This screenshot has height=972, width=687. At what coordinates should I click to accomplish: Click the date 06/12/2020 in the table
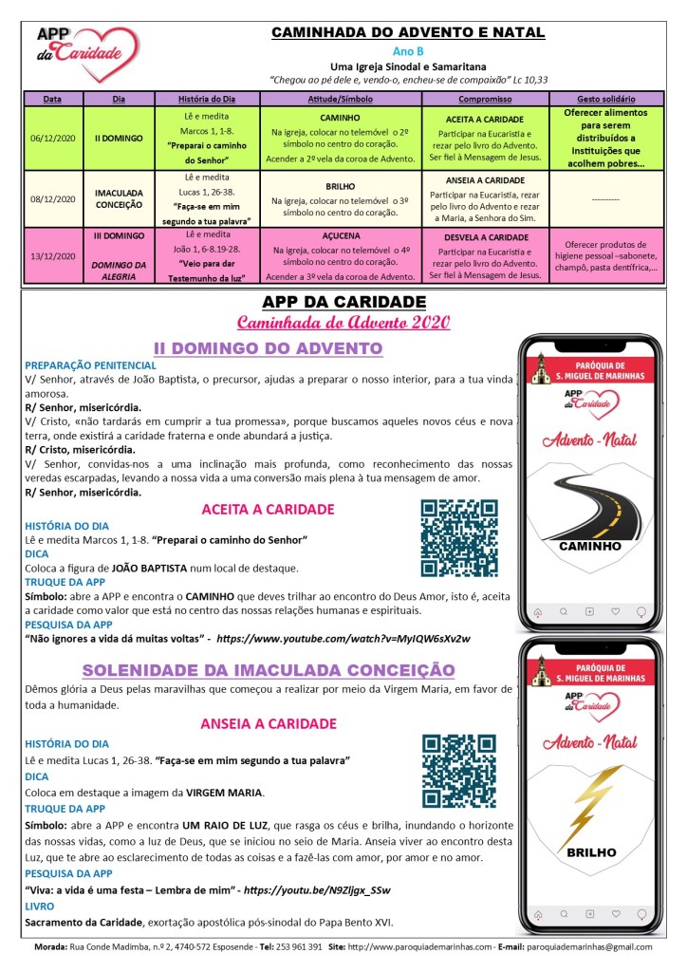coord(54,138)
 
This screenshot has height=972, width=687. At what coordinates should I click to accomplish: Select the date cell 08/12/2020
coord(54,198)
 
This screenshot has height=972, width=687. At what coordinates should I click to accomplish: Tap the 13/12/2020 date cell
coord(54,254)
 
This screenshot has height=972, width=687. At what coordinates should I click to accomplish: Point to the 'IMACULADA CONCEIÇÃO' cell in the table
coord(120,198)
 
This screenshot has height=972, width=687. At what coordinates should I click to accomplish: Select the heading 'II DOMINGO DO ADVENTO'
coord(269,348)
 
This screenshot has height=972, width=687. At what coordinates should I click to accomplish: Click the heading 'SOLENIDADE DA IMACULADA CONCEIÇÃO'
coord(269,670)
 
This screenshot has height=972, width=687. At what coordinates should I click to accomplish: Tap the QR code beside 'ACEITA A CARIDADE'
coord(459,539)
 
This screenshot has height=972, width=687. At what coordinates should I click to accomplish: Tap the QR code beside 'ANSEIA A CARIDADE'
coord(459,771)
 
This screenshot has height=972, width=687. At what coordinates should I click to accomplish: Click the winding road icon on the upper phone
coord(589,502)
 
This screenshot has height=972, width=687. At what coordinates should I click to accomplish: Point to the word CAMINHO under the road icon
coord(589,547)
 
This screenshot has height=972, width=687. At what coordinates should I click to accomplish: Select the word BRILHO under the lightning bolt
coord(590,852)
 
